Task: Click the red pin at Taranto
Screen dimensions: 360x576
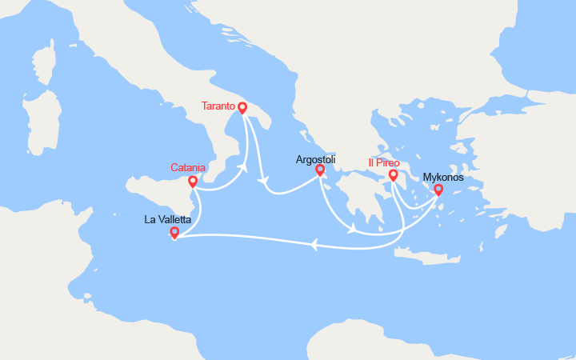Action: click(x=242, y=110)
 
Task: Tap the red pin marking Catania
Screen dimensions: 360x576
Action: click(x=193, y=182)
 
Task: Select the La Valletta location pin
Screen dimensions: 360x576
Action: click(x=174, y=233)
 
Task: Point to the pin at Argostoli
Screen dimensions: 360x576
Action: click(x=320, y=170)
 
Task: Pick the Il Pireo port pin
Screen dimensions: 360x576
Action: click(x=393, y=175)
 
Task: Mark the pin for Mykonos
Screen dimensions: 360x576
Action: click(x=438, y=190)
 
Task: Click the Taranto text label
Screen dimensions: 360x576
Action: click(x=218, y=106)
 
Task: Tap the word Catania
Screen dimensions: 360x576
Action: click(x=188, y=168)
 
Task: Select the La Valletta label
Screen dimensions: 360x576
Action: click(x=167, y=219)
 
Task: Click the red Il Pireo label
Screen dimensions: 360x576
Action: click(x=384, y=163)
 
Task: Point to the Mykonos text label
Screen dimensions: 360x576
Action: click(x=442, y=177)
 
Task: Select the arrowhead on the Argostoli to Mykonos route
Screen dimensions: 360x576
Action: click(x=352, y=230)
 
